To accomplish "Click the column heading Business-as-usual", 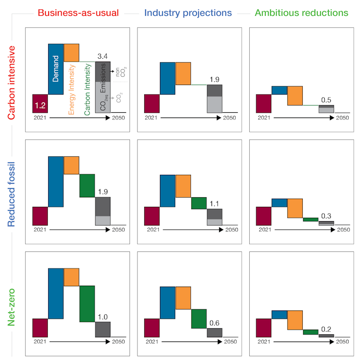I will click(78, 12).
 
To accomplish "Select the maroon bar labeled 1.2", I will click(40, 103).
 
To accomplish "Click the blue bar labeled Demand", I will click(56, 69).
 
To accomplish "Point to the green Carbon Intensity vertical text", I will click(87, 91).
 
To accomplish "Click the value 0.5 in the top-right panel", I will click(327, 100).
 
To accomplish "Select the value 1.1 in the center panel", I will click(214, 204).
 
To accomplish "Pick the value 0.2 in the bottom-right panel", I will click(327, 330).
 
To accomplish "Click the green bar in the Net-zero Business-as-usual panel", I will click(87, 303).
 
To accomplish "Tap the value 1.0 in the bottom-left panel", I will click(103, 316).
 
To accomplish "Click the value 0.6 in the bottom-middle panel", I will click(214, 323).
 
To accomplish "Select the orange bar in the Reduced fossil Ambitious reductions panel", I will click(295, 208).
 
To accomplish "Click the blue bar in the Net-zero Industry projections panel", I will click(168, 302).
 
